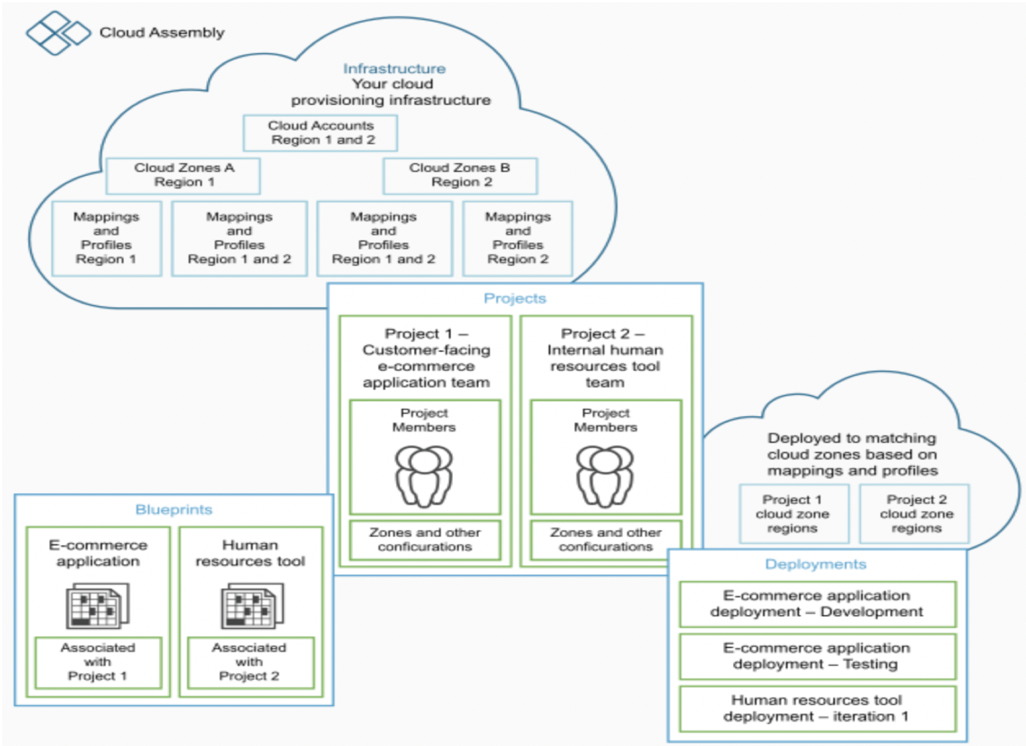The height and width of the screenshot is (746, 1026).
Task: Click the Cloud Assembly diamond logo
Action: point(58,33)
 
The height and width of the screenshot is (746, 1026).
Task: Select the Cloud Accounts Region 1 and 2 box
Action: point(320,133)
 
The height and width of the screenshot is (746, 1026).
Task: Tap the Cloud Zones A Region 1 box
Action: point(183,175)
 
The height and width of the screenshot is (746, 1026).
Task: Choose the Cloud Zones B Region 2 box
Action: point(460,175)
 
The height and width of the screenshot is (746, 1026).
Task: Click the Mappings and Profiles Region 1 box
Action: point(106,238)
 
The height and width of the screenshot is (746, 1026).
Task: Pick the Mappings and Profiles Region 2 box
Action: point(518,238)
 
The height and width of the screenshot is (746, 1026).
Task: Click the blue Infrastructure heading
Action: point(394,69)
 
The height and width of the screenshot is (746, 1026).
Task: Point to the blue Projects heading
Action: point(515,298)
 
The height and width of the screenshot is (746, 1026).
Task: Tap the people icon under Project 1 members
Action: point(424,476)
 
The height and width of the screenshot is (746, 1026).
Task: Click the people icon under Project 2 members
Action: point(605,476)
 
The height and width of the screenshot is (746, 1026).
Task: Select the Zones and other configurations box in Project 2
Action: point(606,540)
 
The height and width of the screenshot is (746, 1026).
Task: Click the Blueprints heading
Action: point(174,510)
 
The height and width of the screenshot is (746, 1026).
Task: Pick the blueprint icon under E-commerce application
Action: point(98,605)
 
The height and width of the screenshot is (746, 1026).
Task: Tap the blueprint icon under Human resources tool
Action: point(252,605)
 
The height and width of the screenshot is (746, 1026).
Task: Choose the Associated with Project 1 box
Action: point(98,662)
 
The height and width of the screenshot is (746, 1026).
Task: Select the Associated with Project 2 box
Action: point(250,662)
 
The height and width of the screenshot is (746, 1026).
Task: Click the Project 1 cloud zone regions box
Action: point(794,514)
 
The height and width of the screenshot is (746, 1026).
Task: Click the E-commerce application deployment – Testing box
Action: point(817,657)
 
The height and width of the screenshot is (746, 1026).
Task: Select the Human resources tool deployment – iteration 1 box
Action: point(817,709)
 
